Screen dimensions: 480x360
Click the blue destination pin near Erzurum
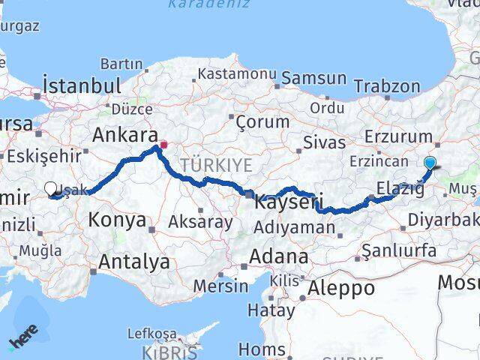click(430, 163)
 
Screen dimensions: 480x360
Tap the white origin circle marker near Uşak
click(50, 190)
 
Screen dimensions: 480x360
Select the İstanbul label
click(82, 85)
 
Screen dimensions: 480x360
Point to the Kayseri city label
click(289, 202)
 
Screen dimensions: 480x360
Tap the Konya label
click(117, 220)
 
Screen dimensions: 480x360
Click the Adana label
click(279, 256)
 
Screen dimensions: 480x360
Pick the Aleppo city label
click(341, 287)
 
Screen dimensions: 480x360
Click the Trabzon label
click(387, 87)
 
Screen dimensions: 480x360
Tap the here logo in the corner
click(23, 339)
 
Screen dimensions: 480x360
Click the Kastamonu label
click(237, 74)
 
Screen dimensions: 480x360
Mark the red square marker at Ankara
click(163, 144)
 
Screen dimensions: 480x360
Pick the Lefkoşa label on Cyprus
click(152, 333)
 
